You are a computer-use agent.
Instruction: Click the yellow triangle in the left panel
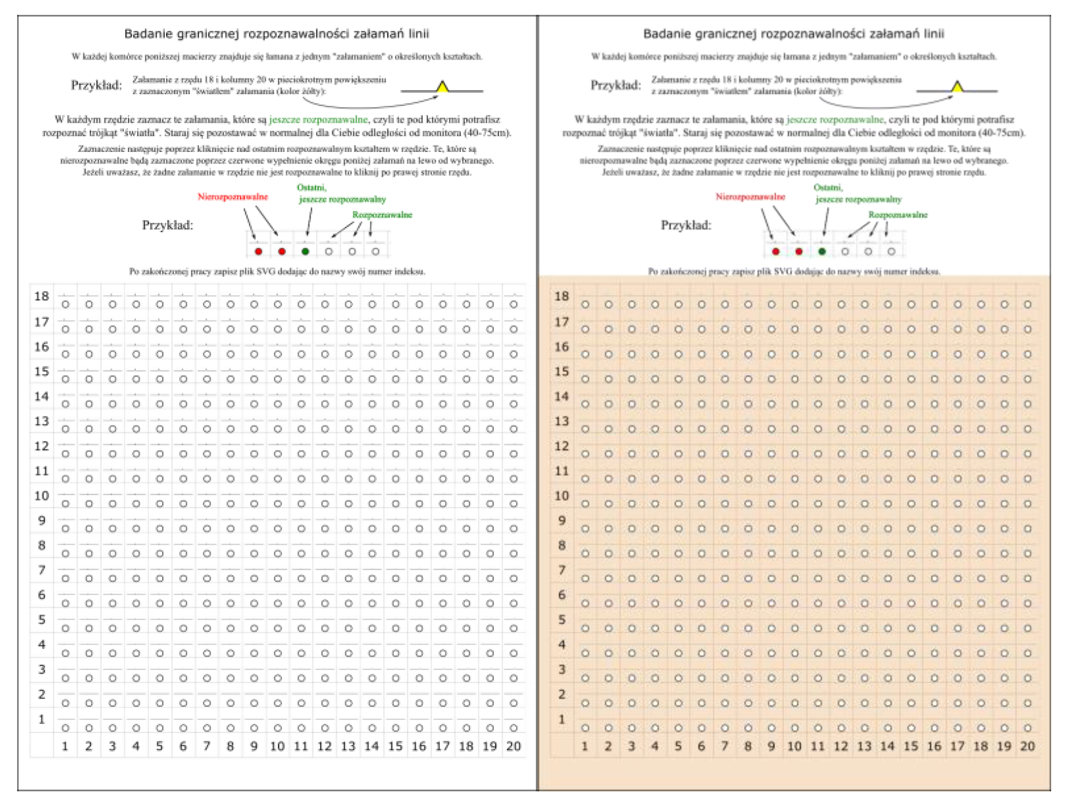coord(443,87)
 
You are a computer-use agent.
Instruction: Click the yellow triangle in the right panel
coord(957,87)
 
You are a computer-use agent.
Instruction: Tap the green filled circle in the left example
coord(305,251)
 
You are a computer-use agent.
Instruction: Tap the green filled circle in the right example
coord(822,251)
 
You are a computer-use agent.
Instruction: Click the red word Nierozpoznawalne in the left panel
coord(233,197)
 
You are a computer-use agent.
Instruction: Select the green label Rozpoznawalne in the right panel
coord(898,215)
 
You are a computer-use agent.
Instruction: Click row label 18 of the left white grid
coord(42,296)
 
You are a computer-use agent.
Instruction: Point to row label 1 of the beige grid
coord(561,719)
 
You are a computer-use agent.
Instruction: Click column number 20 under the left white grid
coord(513,746)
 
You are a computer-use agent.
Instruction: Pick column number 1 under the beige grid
coord(584,746)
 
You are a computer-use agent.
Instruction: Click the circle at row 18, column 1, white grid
coord(66,304)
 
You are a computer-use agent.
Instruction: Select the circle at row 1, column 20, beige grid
coord(1027,728)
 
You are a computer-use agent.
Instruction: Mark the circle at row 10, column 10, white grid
coord(278,504)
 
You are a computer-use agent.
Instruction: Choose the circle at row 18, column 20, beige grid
coord(1027,304)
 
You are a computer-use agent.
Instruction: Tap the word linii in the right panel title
coord(934,34)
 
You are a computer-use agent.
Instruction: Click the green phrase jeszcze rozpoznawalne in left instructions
coord(318,120)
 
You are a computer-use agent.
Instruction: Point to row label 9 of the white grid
coord(42,520)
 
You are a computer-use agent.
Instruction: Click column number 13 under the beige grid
coord(864,746)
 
